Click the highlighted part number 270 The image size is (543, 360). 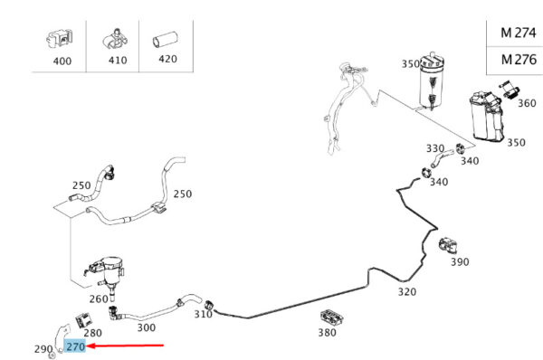[x=75, y=346]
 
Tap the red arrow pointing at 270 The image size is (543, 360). [x=125, y=346]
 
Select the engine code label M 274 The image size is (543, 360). [x=519, y=33]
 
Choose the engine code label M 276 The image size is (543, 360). [x=519, y=60]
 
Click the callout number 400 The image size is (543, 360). [x=62, y=62]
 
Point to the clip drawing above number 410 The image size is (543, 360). [x=115, y=39]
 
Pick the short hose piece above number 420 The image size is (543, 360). [x=166, y=39]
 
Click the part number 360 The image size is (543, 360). [x=527, y=103]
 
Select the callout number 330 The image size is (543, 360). [x=435, y=148]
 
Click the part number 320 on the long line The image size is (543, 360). [x=407, y=292]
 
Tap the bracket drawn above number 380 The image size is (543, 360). [x=332, y=317]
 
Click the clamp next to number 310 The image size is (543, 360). [x=209, y=307]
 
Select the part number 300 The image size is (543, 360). [x=146, y=327]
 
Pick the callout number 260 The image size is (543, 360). [x=99, y=298]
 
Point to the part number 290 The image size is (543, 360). [x=43, y=349]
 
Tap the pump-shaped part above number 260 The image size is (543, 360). [x=105, y=274]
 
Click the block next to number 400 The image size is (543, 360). [x=60, y=39]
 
